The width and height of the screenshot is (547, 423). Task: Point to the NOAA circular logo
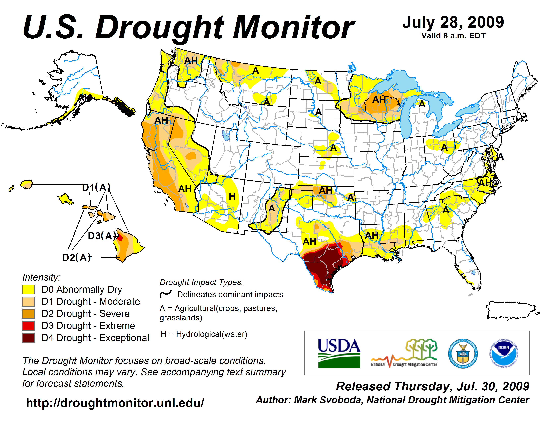(504, 353)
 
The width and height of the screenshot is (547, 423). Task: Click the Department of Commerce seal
(463, 353)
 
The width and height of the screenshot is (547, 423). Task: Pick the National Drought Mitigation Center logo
(404, 353)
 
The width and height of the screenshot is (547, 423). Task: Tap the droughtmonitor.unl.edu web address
(115, 403)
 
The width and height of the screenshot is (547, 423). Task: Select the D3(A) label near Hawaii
(101, 236)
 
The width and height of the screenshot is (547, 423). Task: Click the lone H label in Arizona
(232, 196)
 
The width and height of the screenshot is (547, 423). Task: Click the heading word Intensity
(41, 277)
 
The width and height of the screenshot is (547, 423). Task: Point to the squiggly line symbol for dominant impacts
(166, 294)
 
